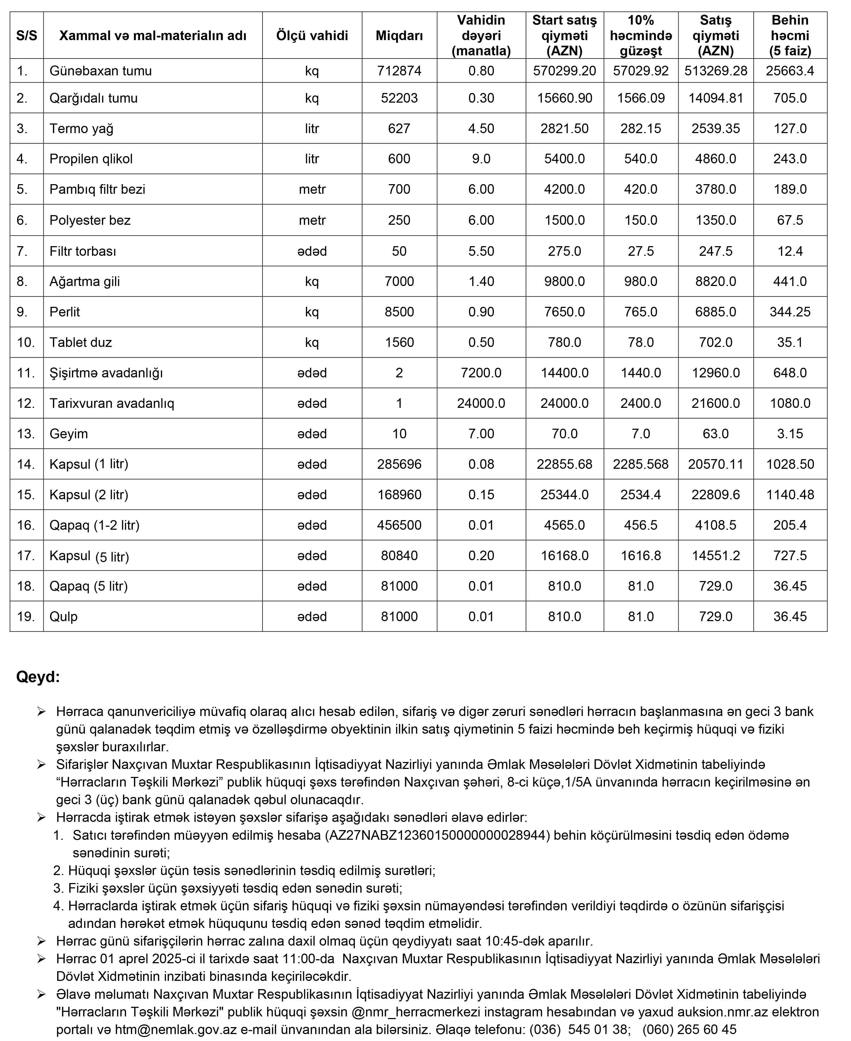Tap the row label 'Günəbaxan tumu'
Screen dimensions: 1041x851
(101, 71)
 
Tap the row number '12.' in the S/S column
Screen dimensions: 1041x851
(26, 403)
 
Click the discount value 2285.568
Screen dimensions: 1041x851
(640, 464)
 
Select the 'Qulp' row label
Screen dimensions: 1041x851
(64, 617)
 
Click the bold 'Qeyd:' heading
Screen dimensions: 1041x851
(38, 677)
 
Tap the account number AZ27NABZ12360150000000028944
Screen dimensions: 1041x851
(437, 835)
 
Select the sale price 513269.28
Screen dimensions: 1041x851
(716, 71)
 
